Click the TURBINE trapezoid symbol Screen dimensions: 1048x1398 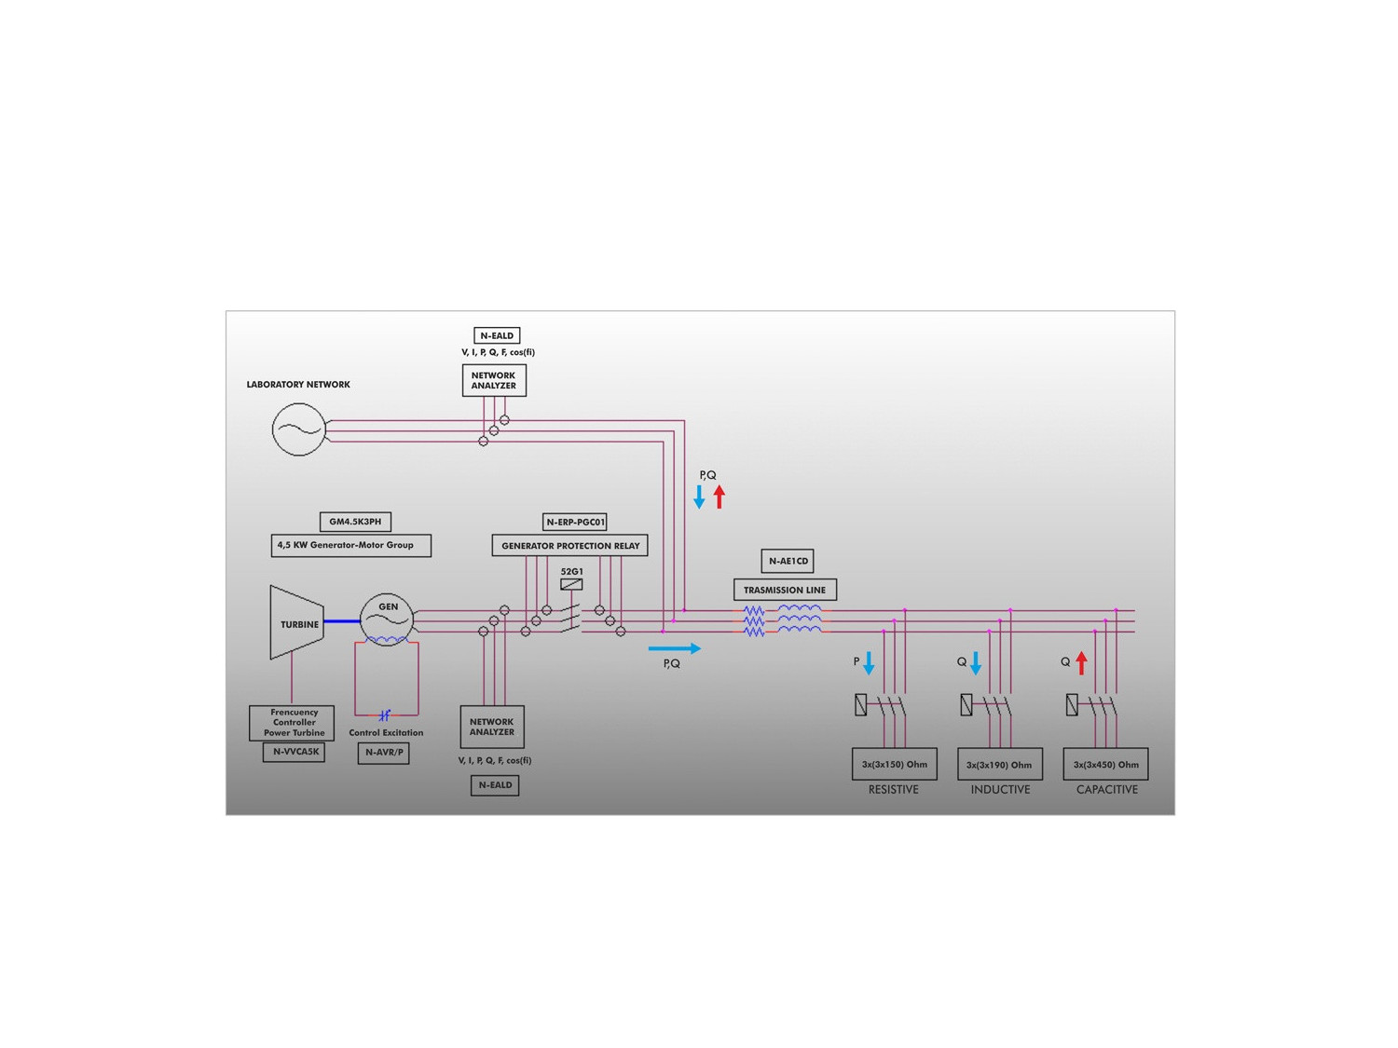[x=296, y=622]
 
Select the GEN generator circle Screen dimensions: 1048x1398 [x=387, y=618]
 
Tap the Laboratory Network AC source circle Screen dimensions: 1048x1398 [x=298, y=429]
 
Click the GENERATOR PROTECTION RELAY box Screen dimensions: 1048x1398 [x=569, y=546]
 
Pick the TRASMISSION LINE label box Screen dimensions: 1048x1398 [x=785, y=590]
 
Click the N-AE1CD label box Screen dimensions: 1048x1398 [x=788, y=561]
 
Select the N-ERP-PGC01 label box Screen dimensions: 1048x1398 [x=575, y=522]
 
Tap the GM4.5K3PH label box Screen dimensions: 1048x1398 [x=355, y=522]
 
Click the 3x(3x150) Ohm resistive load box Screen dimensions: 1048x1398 [x=894, y=764]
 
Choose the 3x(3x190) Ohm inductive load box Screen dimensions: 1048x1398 [x=999, y=765]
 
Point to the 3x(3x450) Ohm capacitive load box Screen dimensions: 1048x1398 [x=1105, y=764]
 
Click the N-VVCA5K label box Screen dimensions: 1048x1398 [x=295, y=752]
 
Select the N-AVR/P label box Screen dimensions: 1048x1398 [x=384, y=753]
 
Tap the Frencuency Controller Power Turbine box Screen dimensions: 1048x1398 [x=294, y=723]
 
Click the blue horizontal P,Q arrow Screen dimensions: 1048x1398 [x=674, y=648]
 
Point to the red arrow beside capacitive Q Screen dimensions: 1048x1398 [x=1081, y=663]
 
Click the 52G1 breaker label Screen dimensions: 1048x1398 [x=571, y=572]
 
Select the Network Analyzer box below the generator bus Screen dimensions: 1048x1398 [x=492, y=727]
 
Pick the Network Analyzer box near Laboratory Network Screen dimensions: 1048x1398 [x=494, y=380]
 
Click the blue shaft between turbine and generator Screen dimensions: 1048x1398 [x=342, y=621]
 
